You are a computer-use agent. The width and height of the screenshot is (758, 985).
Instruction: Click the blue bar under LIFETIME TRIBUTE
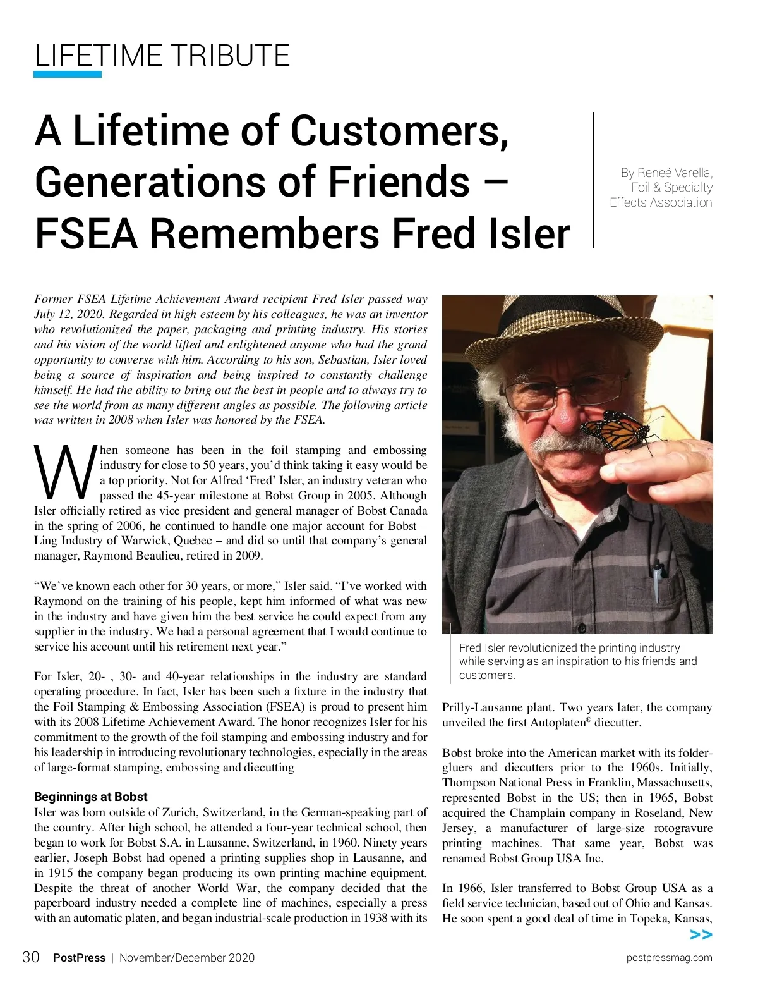pyautogui.click(x=68, y=75)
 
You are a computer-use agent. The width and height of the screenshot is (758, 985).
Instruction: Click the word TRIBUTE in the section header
pyautogui.click(x=231, y=56)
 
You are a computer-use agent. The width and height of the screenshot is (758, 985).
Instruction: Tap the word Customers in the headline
pyautogui.click(x=399, y=131)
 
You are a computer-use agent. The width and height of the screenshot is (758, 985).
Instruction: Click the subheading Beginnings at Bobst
pyautogui.click(x=91, y=797)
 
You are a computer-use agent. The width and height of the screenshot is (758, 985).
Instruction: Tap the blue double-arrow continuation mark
pyautogui.click(x=701, y=935)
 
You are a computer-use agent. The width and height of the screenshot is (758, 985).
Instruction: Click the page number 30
pyautogui.click(x=30, y=957)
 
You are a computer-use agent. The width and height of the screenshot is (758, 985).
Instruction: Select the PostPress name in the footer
pyautogui.click(x=79, y=958)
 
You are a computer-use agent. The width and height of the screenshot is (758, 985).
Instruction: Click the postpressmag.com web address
pyautogui.click(x=669, y=958)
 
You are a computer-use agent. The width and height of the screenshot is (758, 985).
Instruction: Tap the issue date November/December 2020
pyautogui.click(x=187, y=958)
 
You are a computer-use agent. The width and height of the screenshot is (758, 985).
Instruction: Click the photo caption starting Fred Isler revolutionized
pyautogui.click(x=577, y=661)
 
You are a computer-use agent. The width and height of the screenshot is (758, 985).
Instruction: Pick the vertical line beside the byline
pyautogui.click(x=593, y=180)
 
